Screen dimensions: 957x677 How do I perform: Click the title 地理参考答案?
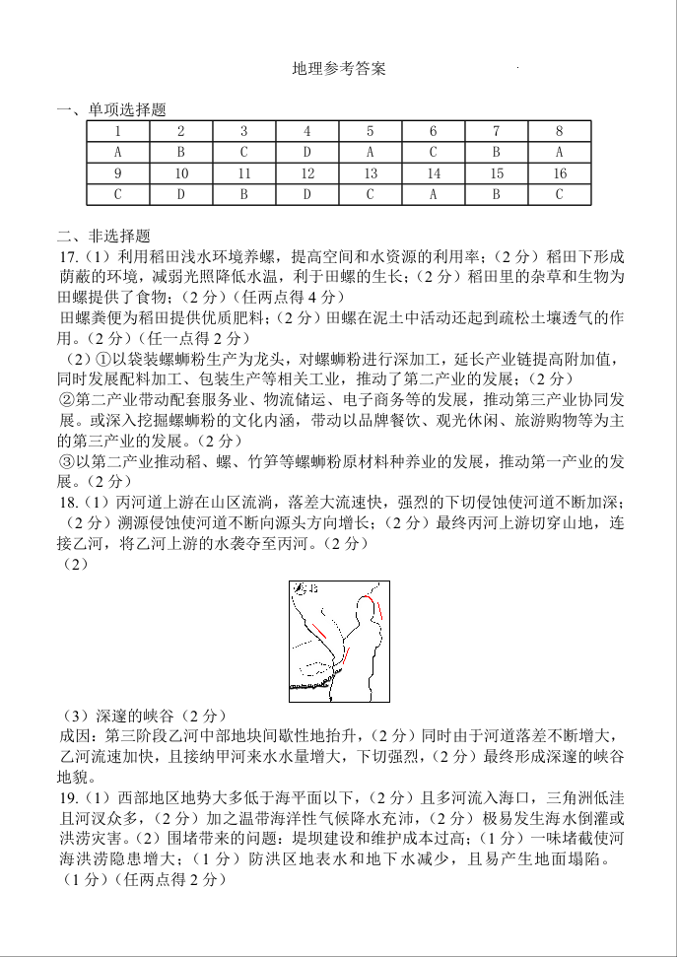tap(339, 69)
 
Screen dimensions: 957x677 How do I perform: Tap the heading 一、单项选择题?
tap(111, 109)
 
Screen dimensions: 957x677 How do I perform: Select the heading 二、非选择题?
tap(103, 236)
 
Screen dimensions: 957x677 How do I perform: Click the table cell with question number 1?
tap(118, 131)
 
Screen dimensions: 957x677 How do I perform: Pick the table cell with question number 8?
tap(559, 131)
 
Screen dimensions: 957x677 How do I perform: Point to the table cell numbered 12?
tap(307, 173)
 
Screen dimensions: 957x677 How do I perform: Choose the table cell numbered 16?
tap(559, 173)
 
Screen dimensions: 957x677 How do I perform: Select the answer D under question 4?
tap(307, 152)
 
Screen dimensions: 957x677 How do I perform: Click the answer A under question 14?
tap(433, 194)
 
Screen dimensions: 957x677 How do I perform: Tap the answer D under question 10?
tap(181, 194)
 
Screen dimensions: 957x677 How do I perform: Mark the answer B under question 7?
tap(496, 152)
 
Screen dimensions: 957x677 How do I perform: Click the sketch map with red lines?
tap(338, 640)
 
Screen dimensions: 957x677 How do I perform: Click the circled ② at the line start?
tap(67, 399)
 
